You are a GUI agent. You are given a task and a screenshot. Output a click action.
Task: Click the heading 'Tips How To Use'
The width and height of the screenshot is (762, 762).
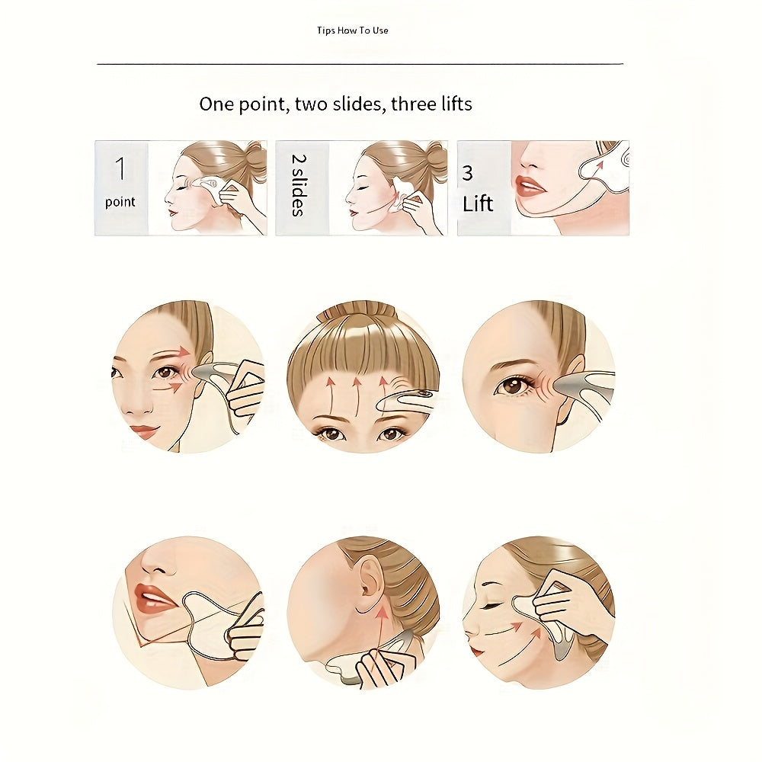tap(352, 30)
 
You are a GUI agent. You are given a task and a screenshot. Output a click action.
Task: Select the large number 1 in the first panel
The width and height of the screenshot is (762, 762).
tap(120, 168)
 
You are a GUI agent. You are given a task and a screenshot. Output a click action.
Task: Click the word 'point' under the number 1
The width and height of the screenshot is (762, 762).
tap(120, 202)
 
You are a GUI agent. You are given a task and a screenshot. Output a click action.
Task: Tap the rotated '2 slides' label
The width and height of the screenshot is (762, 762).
tap(299, 185)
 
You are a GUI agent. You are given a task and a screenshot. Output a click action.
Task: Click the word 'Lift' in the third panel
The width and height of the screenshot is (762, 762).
tap(478, 203)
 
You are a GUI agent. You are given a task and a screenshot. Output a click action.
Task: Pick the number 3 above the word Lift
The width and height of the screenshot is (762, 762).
tap(468, 173)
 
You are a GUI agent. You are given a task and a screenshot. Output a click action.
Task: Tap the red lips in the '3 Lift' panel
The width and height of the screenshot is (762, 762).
tap(530, 185)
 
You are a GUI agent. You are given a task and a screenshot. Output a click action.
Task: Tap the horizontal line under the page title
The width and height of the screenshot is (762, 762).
tap(360, 64)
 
